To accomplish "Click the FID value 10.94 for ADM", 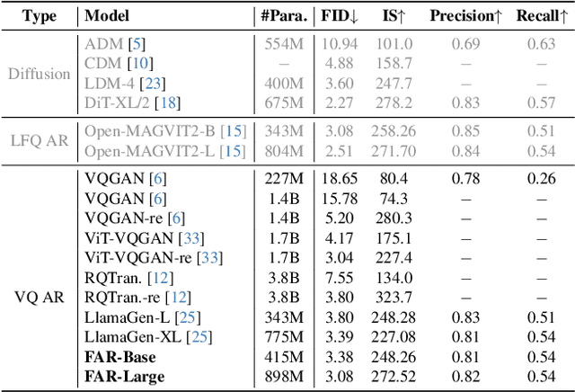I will [340, 44].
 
